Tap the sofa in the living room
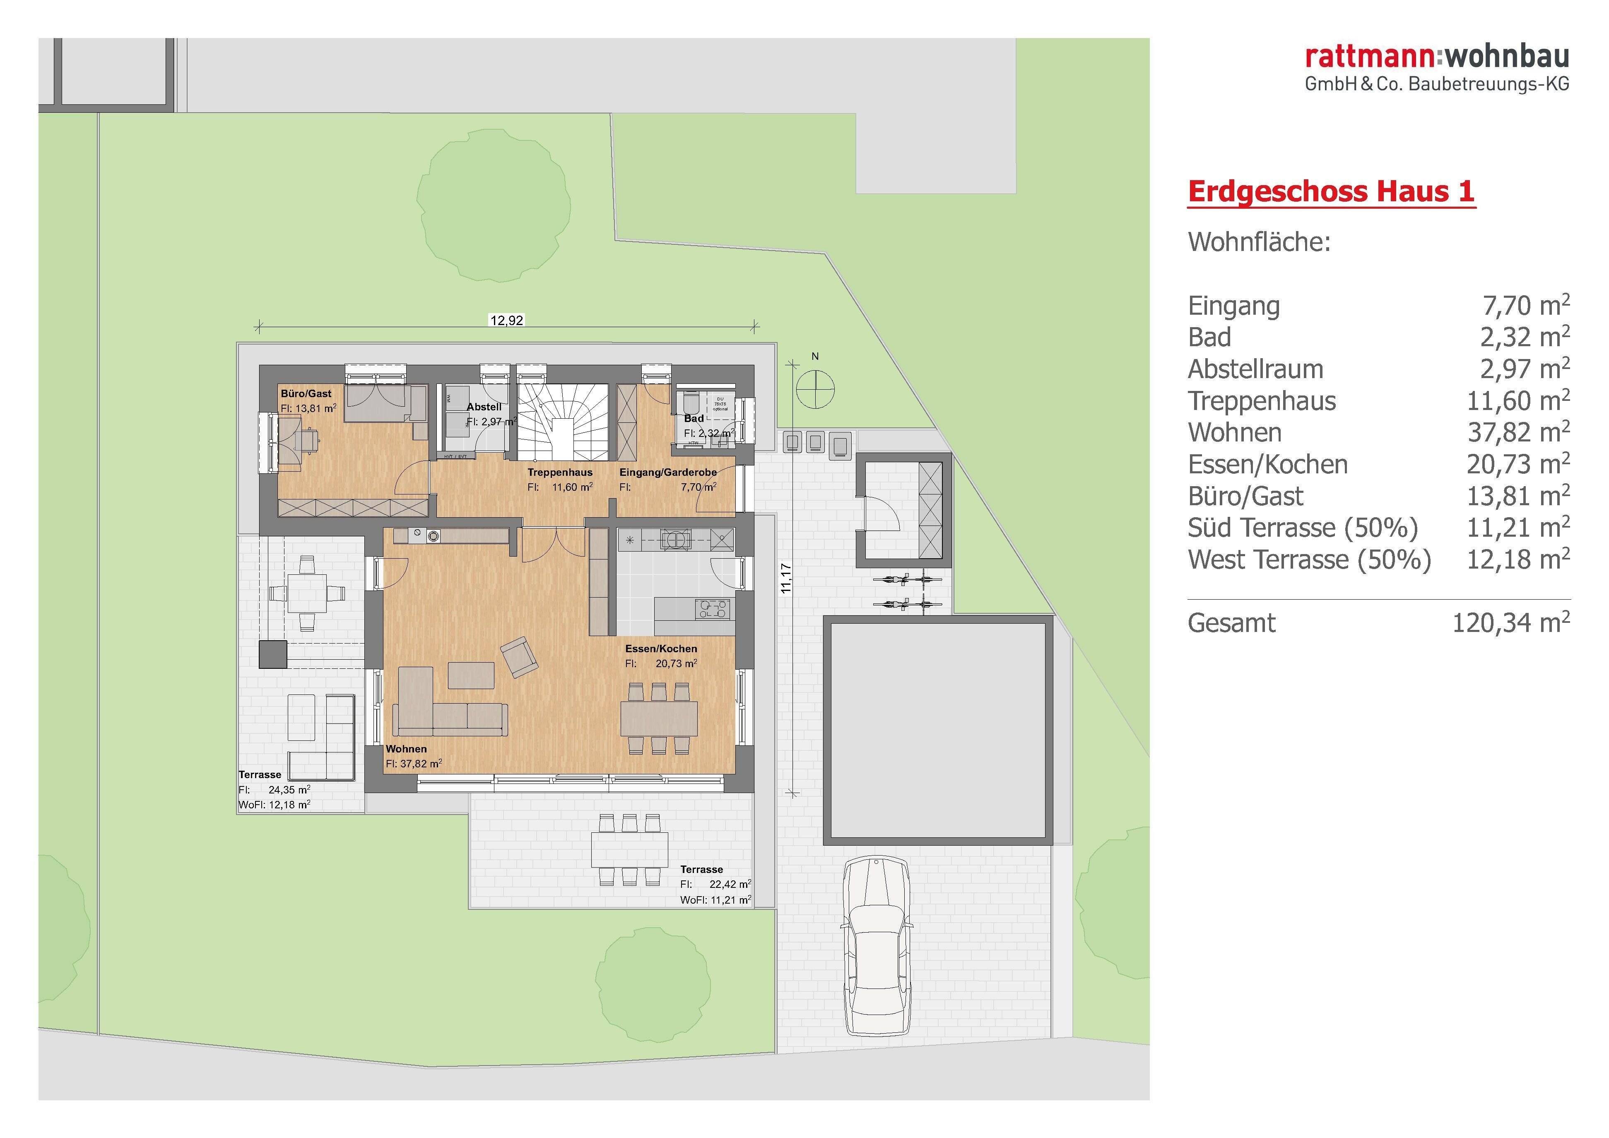click(x=448, y=711)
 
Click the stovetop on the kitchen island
click(x=713, y=608)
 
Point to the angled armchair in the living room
click(x=519, y=657)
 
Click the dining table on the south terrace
click(x=629, y=849)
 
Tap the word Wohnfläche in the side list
click(x=1259, y=242)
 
